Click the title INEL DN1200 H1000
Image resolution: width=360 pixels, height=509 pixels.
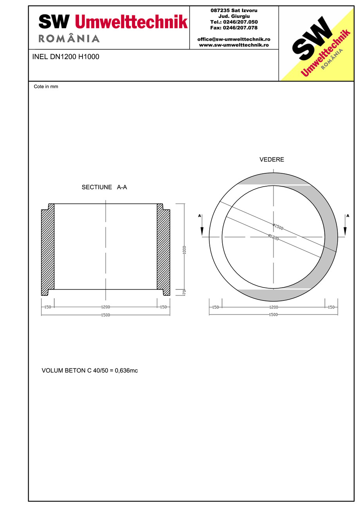tap(65, 57)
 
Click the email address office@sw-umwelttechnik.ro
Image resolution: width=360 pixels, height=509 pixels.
tap(234, 40)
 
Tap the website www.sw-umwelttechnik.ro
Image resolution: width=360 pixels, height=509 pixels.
tap(234, 45)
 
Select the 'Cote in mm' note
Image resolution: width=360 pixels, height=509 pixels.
tap(46, 86)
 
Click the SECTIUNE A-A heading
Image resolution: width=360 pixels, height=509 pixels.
tap(104, 187)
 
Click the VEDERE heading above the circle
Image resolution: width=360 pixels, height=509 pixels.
tap(272, 160)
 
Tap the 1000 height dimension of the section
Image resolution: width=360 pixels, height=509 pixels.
tap(184, 250)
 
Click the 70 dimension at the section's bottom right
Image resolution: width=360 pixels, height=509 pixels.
tap(184, 292)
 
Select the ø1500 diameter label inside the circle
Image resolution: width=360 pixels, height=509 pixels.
tap(278, 227)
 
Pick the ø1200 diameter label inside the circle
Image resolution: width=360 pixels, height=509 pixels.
tap(274, 237)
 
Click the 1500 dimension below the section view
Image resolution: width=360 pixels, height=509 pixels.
tap(106, 315)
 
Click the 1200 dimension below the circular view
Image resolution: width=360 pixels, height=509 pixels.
tap(273, 307)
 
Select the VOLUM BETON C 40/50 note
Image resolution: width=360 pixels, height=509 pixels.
tap(90, 371)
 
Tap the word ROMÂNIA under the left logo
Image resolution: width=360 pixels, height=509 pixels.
tap(69, 39)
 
